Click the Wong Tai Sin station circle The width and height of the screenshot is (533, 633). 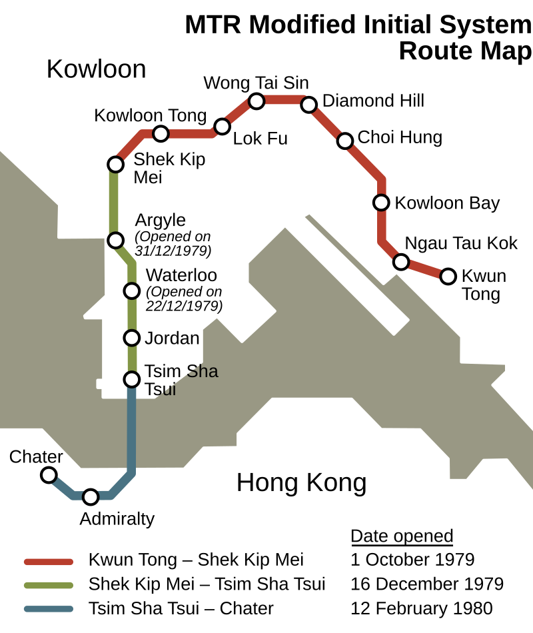(x=257, y=101)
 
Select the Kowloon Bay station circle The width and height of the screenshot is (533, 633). (x=381, y=203)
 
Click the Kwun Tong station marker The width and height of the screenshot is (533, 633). (x=448, y=277)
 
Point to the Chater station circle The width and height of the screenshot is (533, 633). (x=49, y=475)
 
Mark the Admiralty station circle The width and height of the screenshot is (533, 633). (x=91, y=497)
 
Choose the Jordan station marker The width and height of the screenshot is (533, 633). (x=132, y=338)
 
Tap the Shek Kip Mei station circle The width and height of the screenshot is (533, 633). (x=115, y=165)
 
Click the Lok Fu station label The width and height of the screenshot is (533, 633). (x=261, y=139)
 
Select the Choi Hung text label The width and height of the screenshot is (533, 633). (x=400, y=137)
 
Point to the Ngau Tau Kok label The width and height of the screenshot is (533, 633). (x=461, y=243)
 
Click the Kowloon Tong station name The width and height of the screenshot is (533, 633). (x=150, y=115)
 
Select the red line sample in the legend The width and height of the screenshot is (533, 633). (x=49, y=562)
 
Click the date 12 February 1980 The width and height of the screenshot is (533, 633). (x=422, y=608)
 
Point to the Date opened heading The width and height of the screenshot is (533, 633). (x=402, y=536)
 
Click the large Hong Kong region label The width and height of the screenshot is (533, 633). (x=302, y=483)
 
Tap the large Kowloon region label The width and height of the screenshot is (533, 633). (x=96, y=69)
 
